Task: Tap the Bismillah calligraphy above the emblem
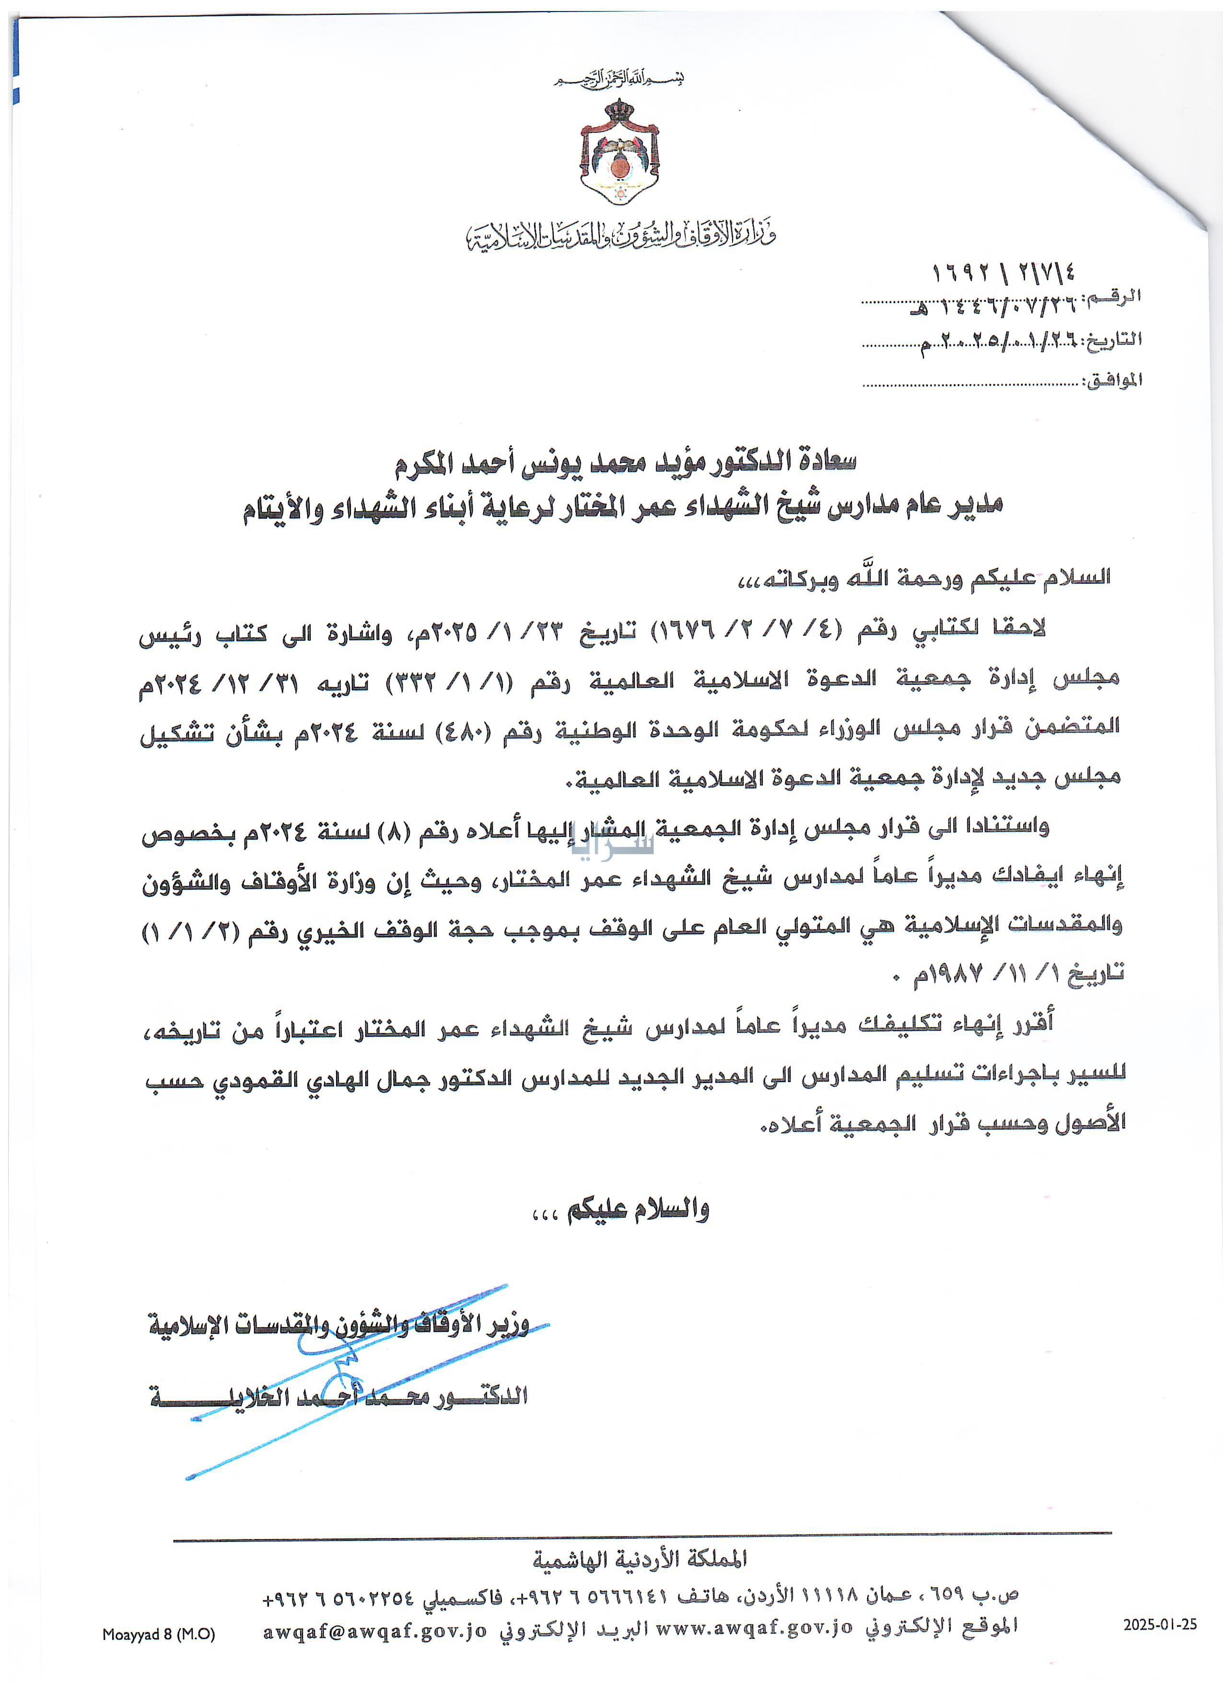pyautogui.click(x=619, y=78)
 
